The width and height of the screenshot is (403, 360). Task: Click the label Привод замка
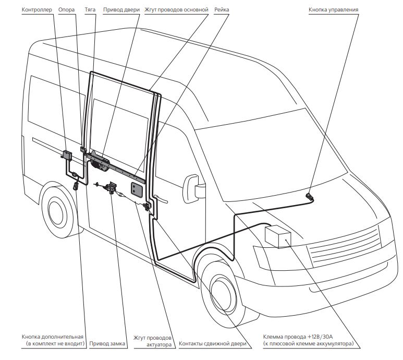107,344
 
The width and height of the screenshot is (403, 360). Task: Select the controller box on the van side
67,154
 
